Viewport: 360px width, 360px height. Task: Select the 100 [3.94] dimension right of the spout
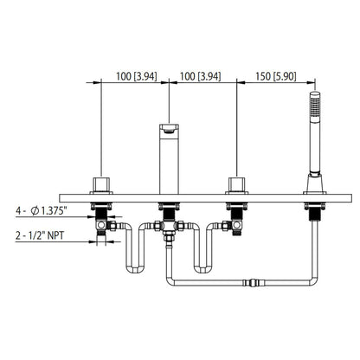pyautogui.click(x=199, y=76)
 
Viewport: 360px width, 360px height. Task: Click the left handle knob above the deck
pyautogui.click(x=102, y=183)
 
